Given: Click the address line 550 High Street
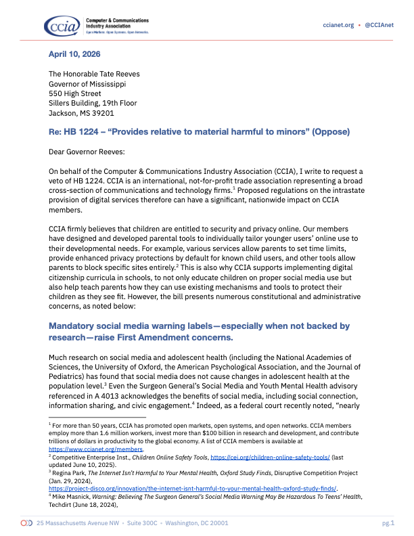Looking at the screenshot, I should [x=75, y=93].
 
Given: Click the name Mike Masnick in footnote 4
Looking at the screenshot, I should [x=72, y=497].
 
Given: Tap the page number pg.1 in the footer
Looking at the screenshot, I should [x=388, y=523].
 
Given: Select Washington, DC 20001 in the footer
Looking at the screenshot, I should [x=199, y=523].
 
